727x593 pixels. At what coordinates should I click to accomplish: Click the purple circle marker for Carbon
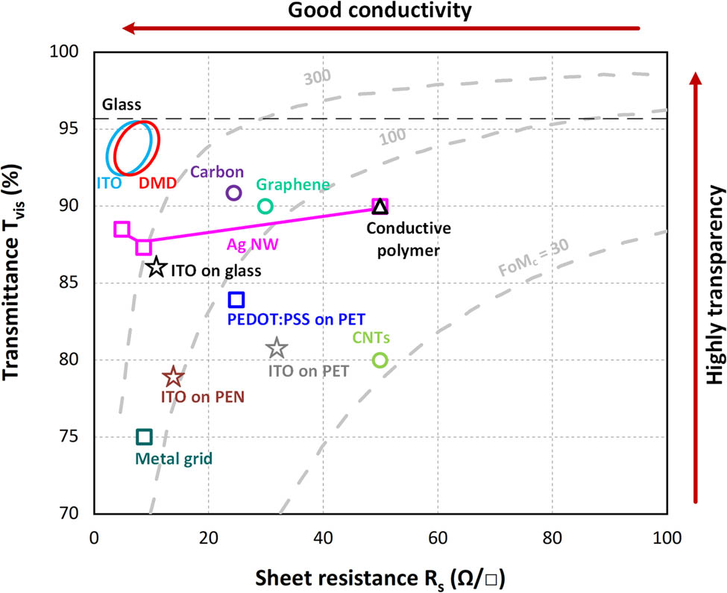[x=233, y=192]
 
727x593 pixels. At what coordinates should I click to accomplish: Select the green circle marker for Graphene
[x=265, y=206]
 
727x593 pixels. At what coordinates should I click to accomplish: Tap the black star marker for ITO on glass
[x=156, y=268]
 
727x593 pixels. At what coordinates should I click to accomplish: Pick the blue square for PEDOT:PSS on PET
[x=236, y=300]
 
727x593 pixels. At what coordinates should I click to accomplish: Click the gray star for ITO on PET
[x=277, y=348]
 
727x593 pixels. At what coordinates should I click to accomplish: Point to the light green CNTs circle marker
[x=380, y=360]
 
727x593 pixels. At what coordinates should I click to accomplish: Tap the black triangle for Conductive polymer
[x=380, y=207]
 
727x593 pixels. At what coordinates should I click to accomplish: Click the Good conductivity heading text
[x=380, y=10]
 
